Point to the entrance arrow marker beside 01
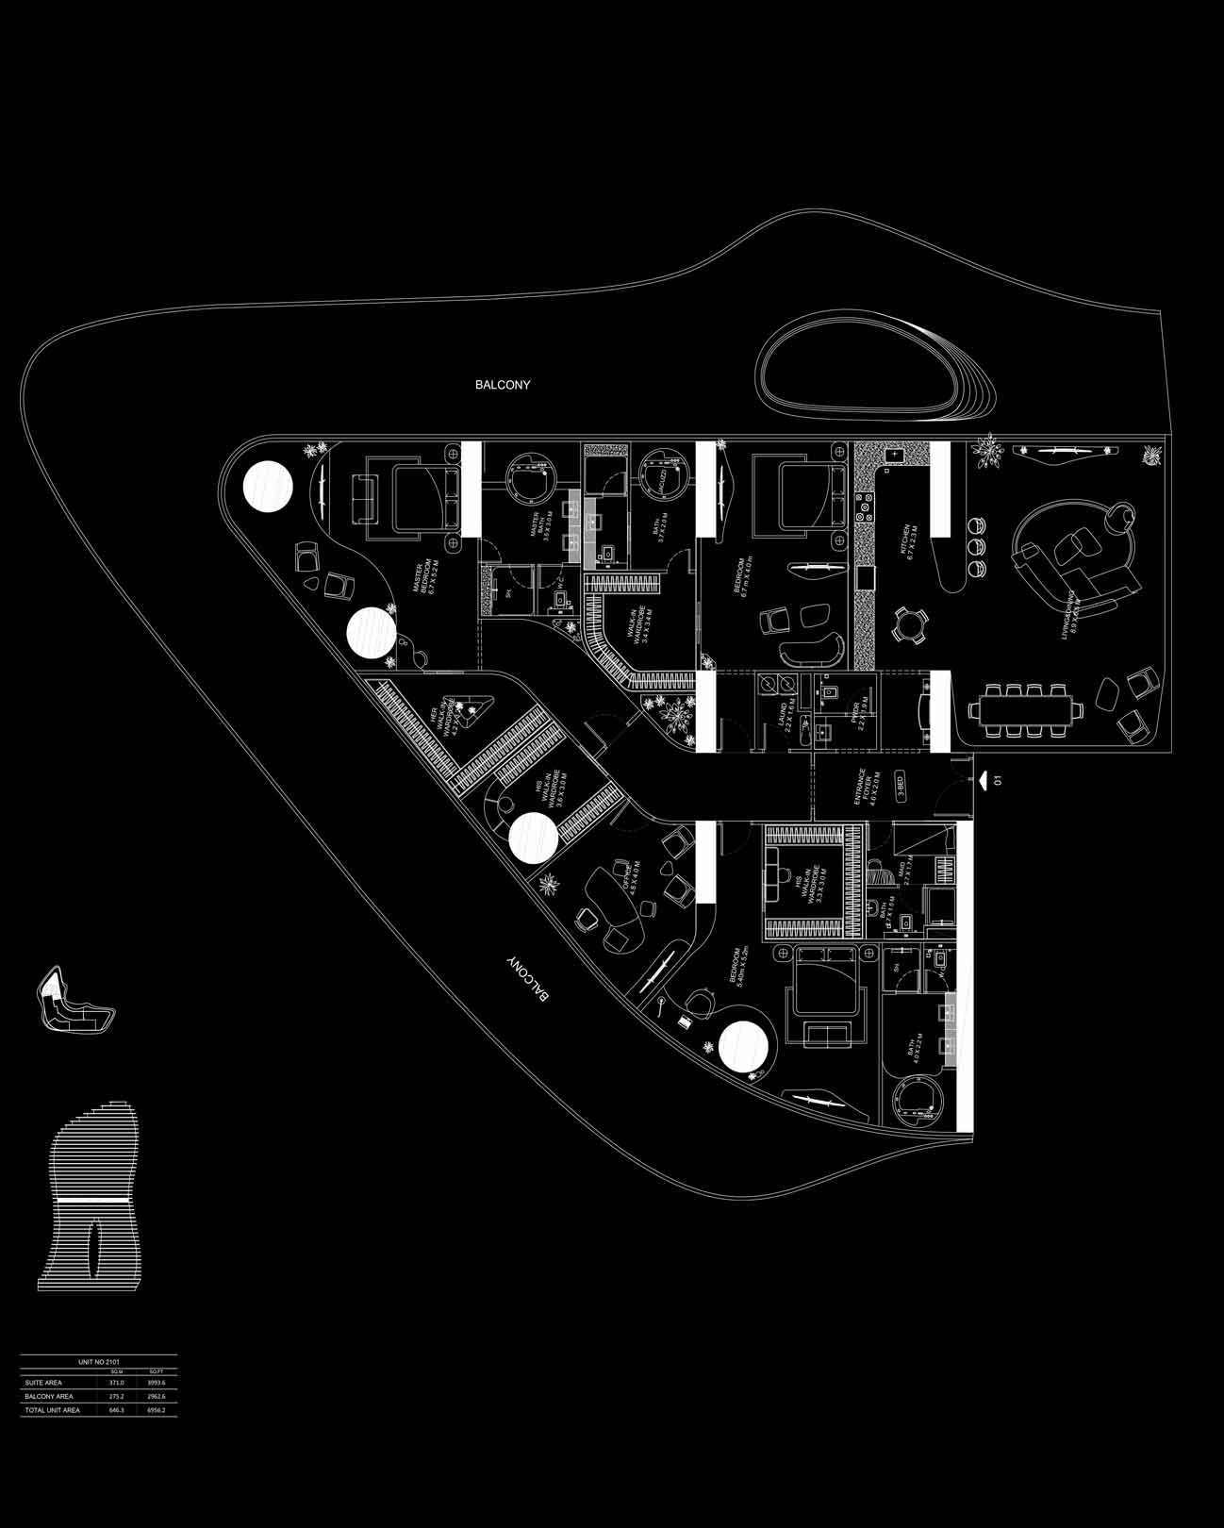point(984,779)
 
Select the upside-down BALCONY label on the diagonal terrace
point(527,983)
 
